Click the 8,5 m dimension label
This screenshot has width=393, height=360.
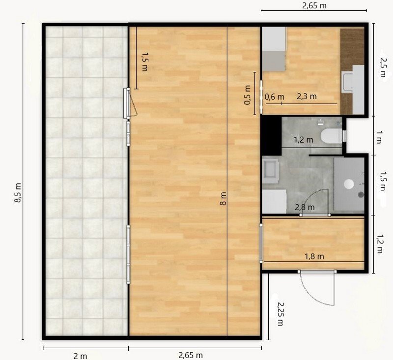pos(18,193)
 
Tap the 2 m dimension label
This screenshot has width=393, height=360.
pos(80,356)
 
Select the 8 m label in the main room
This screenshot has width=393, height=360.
pos(223,199)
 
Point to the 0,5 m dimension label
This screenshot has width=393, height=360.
pos(247,95)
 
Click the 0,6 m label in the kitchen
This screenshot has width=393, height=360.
pos(275,97)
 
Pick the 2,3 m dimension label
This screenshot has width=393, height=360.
pos(307,96)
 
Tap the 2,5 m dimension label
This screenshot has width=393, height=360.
pos(383,67)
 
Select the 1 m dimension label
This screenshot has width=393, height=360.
pos(379,137)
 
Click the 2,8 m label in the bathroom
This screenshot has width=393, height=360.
pos(305,208)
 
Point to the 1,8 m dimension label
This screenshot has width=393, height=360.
pos(314,256)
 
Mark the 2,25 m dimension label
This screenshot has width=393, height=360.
pos(281,314)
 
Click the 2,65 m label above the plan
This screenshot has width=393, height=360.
pos(314,5)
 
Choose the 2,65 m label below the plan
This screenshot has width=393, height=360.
pos(191,356)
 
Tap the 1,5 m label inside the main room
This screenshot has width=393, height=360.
pos(144,61)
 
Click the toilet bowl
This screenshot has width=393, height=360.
pos(331,136)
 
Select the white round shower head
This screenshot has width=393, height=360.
pos(349,184)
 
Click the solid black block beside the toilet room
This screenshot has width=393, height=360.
pos(271,135)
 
